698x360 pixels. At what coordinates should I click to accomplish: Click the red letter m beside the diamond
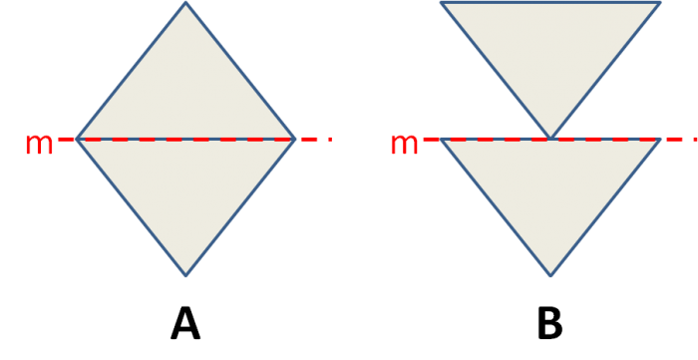coord(39,145)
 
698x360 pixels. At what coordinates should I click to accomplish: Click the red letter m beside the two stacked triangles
coord(404,145)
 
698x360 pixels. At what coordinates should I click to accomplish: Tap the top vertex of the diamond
coord(185,4)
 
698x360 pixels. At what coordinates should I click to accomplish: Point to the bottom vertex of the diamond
coord(185,274)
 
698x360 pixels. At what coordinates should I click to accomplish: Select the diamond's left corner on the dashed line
coord(78,139)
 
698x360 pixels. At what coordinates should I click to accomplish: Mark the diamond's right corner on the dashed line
coord(294,139)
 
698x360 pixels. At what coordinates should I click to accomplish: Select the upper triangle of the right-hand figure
coord(550,50)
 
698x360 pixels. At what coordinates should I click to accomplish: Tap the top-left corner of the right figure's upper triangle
coord(442,4)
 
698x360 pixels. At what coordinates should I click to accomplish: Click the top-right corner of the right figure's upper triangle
coord(659,4)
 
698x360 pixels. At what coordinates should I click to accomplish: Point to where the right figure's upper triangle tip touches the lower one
coord(550,138)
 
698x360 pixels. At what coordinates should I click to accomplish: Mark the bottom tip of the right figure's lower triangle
coord(550,274)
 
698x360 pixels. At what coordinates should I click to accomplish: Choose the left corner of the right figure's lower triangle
coord(443,141)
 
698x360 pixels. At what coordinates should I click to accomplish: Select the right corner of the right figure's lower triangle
coord(659,141)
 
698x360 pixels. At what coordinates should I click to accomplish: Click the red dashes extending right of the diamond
coord(315,139)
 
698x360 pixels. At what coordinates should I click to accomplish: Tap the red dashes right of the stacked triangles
coord(680,139)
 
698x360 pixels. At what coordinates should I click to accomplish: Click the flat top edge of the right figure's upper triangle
coord(550,4)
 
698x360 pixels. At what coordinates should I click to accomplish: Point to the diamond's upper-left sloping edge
coord(132,71)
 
